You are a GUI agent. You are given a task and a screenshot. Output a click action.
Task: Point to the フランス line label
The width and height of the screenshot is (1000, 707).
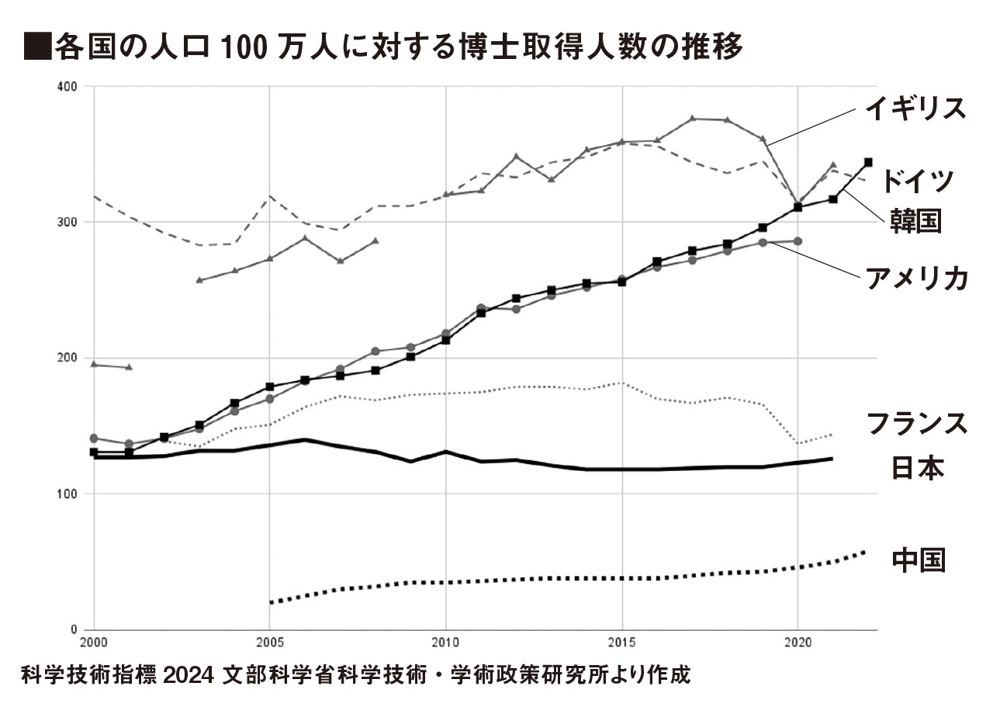(x=915, y=425)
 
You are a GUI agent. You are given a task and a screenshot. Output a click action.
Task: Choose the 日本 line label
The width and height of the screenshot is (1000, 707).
(x=915, y=467)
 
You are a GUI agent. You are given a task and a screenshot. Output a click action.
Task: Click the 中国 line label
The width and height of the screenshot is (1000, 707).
(x=919, y=560)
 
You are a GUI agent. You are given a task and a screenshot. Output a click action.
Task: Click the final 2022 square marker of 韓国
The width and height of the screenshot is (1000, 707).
(x=868, y=162)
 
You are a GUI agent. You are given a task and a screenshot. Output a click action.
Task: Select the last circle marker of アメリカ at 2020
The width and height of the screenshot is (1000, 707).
(x=798, y=241)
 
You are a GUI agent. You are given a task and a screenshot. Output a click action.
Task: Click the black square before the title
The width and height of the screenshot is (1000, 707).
(x=33, y=47)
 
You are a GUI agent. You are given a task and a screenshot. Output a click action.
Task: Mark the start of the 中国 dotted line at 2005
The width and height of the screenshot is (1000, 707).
(x=270, y=602)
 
